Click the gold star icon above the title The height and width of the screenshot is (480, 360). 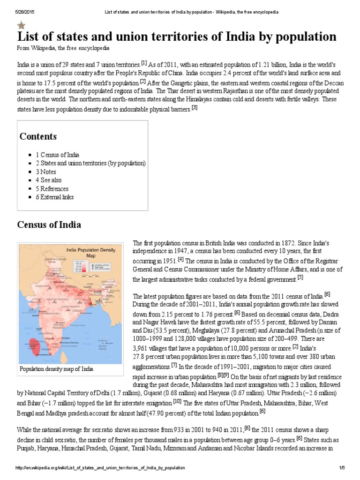point(22,26)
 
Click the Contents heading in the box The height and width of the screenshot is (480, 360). point(38,136)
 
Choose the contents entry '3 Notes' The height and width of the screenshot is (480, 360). point(45,172)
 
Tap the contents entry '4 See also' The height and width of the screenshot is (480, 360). point(48,180)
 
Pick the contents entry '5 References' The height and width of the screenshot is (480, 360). point(52,188)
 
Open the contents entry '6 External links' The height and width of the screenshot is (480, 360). point(54,197)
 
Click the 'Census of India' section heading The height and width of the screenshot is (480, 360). point(49,225)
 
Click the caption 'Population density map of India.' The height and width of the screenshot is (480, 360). point(57,369)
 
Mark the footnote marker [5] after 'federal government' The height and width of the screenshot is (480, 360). point(300,277)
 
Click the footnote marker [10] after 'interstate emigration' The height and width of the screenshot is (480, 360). point(177,401)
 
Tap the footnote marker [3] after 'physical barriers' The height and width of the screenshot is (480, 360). point(195,108)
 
